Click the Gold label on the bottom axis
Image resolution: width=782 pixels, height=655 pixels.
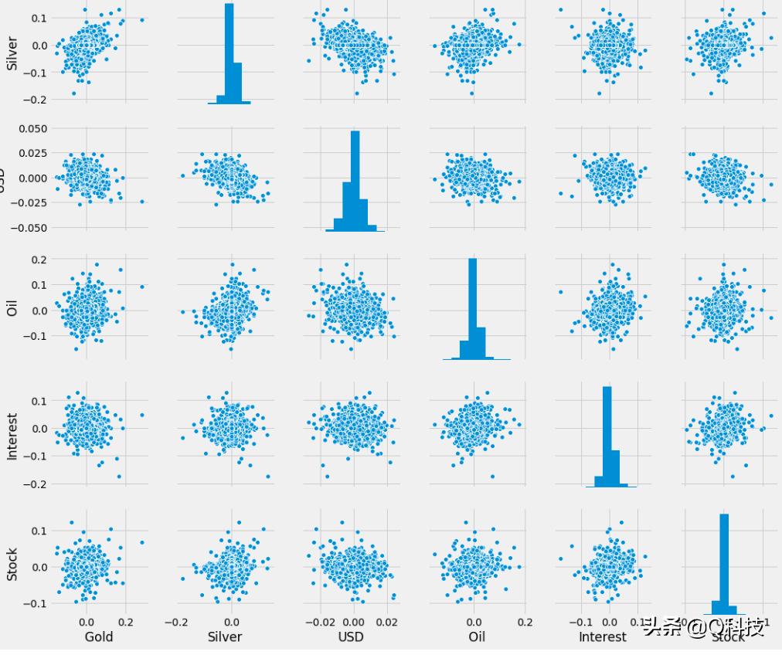98,636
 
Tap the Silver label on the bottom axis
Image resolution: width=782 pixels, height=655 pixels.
224,636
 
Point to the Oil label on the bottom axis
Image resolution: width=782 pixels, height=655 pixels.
477,636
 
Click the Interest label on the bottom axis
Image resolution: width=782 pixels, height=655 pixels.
603,636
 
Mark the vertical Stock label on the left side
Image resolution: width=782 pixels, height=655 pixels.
12,565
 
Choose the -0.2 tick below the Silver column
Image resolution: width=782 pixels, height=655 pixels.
176,619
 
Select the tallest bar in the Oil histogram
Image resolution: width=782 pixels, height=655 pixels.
473,308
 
